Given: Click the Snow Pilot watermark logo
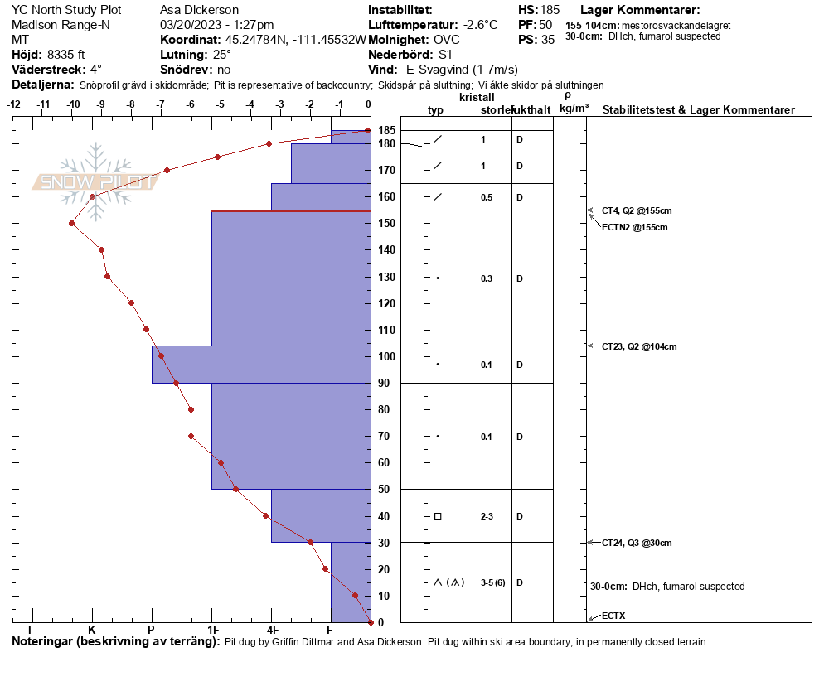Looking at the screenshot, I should (95, 181).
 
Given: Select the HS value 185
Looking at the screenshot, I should (550, 10).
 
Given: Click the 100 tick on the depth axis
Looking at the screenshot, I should (386, 356).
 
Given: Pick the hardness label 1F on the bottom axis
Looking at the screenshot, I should (212, 631).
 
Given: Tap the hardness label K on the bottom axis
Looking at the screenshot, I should (92, 631).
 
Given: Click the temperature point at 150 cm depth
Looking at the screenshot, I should (72, 223).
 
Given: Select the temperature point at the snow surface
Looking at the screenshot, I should (368, 131).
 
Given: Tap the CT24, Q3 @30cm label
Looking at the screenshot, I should (637, 543).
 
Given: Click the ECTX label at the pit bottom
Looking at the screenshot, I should (614, 616).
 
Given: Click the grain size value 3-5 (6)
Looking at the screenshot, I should (493, 582).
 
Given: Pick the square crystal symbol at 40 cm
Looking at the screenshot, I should (438, 516).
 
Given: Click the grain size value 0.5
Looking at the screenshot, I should (487, 197).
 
